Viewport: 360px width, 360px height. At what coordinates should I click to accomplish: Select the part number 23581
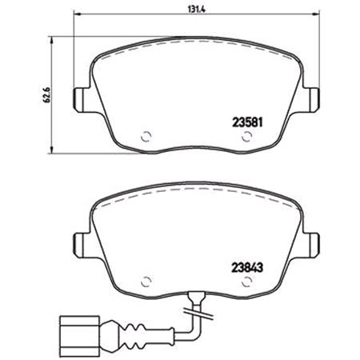pyautogui.click(x=247, y=124)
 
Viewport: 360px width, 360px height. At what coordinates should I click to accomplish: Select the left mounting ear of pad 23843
pyautogui.click(x=80, y=242)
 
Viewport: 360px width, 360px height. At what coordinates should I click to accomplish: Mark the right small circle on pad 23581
pyautogui.click(x=243, y=136)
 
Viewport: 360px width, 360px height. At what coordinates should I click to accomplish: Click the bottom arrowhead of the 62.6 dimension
pyautogui.click(x=52, y=153)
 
